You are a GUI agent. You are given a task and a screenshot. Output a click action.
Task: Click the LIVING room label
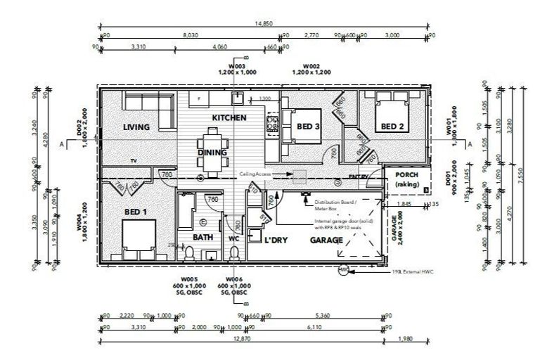[136, 127]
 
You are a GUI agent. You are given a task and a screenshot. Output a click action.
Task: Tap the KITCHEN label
[229, 117]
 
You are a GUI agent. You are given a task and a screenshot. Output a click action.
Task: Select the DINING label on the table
[212, 152]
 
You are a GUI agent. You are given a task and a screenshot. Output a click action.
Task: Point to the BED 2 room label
[392, 127]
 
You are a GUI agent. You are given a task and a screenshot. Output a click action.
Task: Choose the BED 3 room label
[308, 127]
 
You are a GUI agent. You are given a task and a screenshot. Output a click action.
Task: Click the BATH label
[202, 238]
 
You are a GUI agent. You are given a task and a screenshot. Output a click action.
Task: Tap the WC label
[233, 238]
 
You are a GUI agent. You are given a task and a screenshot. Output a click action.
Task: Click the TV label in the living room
[132, 161]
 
